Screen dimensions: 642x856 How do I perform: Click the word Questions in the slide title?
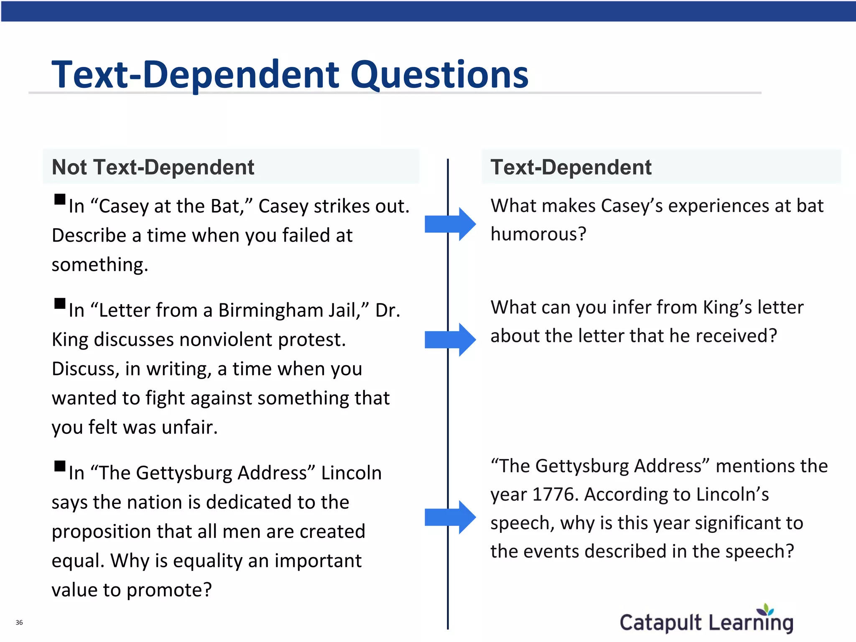pos(439,75)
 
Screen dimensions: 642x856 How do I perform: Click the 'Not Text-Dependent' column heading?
pos(153,167)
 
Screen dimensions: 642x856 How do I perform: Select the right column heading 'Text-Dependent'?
pos(571,167)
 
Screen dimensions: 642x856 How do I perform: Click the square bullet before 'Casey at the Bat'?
pos(60,199)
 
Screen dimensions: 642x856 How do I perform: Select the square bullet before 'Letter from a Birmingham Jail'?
pos(60,303)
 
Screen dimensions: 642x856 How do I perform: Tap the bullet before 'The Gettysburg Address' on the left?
pos(60,466)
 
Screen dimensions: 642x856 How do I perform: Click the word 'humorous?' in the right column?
pos(538,234)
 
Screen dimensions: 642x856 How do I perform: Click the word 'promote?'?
pos(169,590)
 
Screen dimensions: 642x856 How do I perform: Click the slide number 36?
pos(19,622)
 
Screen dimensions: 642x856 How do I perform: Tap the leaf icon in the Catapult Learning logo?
pos(766,609)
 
